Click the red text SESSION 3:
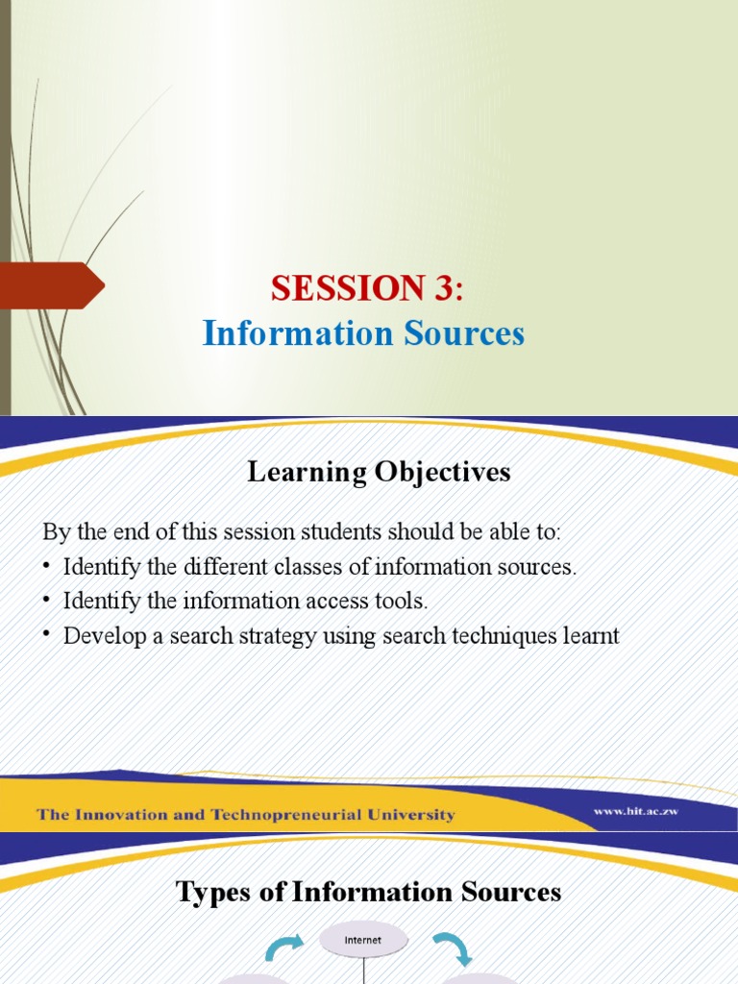click(367, 286)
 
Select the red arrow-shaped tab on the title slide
click(50, 285)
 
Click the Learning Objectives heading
click(379, 472)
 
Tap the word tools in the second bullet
click(405, 602)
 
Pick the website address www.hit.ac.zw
click(636, 812)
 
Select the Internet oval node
click(362, 941)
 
